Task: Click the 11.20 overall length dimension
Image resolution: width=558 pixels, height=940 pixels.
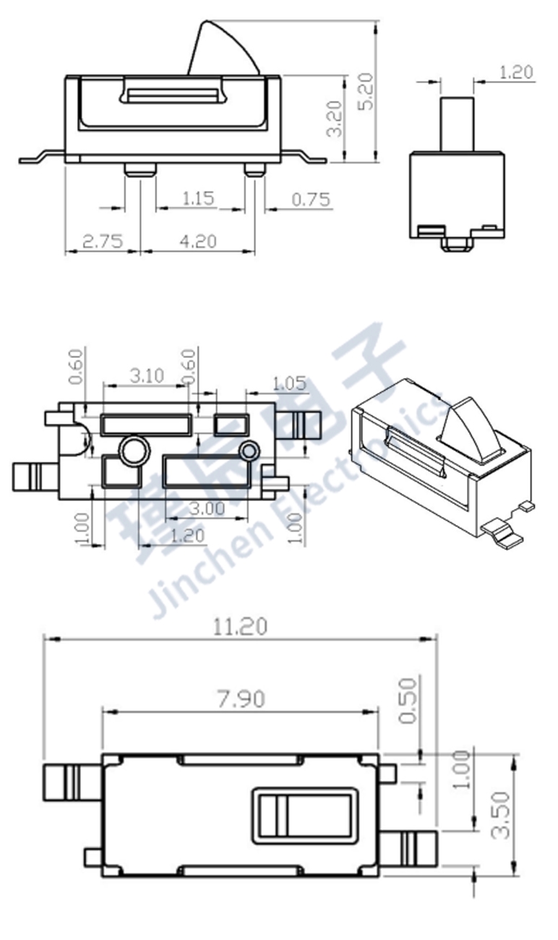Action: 240,626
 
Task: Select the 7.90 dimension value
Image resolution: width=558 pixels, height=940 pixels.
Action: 240,698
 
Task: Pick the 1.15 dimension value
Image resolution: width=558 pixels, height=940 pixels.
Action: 198,198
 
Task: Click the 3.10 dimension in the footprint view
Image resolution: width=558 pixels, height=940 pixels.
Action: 147,375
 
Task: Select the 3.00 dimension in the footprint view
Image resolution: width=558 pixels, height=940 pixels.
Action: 206,508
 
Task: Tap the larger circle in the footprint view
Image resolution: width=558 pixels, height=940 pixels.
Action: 132,451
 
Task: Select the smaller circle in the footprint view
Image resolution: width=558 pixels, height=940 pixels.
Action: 249,452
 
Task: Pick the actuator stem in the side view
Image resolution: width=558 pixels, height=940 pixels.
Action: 456,123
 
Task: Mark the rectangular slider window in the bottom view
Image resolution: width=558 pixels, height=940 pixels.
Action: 304,816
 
